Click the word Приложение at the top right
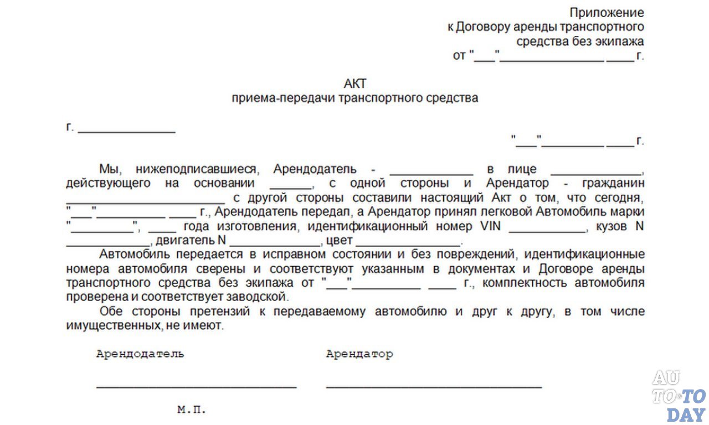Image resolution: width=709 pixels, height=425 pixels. coord(607,13)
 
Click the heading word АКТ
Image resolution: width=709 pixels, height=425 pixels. coord(356,84)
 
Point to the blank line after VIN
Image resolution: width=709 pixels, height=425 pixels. coord(547,230)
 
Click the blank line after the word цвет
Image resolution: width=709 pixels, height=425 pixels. coord(408,245)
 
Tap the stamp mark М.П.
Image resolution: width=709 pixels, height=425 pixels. coord(192,410)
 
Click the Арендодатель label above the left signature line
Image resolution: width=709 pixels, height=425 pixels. coord(140,354)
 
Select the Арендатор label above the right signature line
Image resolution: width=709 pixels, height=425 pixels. coord(359,354)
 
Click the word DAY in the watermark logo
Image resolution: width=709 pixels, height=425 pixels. coord(686,414)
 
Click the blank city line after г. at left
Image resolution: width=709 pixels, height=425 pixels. coord(127,132)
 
